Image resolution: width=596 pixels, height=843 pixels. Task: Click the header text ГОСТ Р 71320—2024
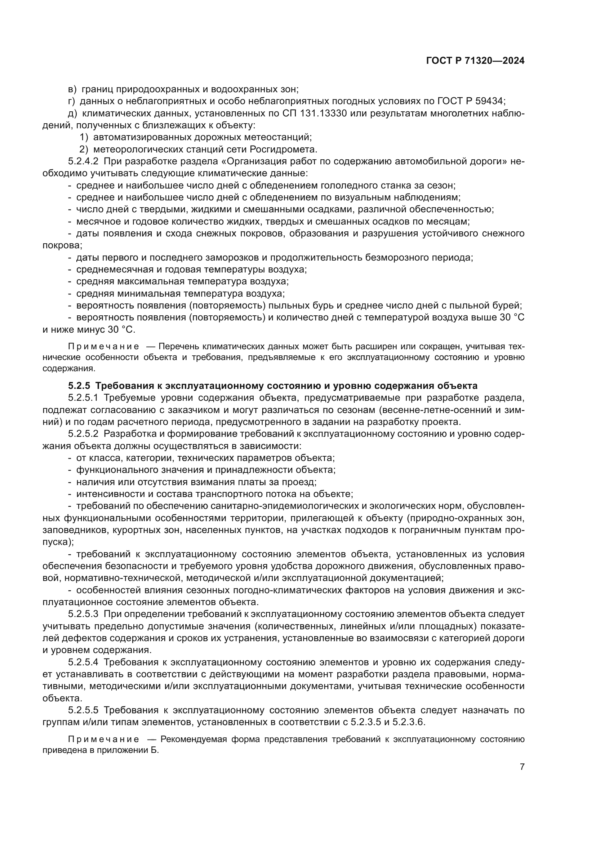coord(475,61)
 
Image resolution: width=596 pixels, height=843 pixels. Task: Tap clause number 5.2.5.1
coord(83,398)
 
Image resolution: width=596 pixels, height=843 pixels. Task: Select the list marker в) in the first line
coord(72,89)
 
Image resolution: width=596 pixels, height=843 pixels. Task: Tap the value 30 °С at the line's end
coord(512,318)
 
